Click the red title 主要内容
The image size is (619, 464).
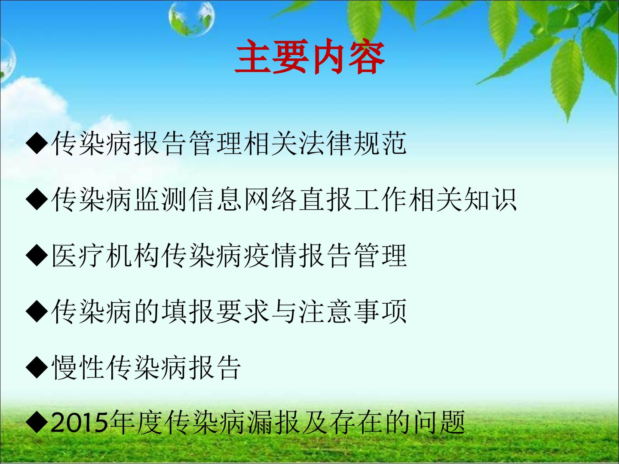point(309,57)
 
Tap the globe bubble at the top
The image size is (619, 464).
point(191,18)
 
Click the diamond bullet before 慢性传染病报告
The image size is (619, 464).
point(37,366)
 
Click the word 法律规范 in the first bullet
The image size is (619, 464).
point(352,143)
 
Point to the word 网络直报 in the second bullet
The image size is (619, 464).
point(298,200)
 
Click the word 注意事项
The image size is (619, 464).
point(352,311)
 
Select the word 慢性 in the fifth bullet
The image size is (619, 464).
point(78,367)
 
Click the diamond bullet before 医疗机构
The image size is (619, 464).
point(37,255)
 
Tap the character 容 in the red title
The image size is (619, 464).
point(367,57)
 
